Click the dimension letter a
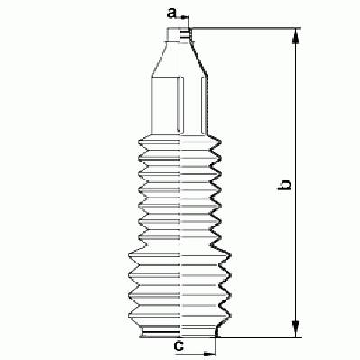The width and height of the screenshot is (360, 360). coord(171,13)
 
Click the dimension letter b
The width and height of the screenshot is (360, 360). coord(284,185)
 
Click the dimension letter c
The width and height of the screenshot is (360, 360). coord(179,346)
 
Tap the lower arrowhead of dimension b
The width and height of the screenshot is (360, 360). coord(296,330)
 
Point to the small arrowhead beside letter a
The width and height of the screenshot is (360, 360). coord(184,17)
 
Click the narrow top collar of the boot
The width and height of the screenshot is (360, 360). coord(180,34)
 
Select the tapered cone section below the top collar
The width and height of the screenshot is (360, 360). coord(179,59)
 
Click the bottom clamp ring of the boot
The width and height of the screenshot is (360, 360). coord(161,333)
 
